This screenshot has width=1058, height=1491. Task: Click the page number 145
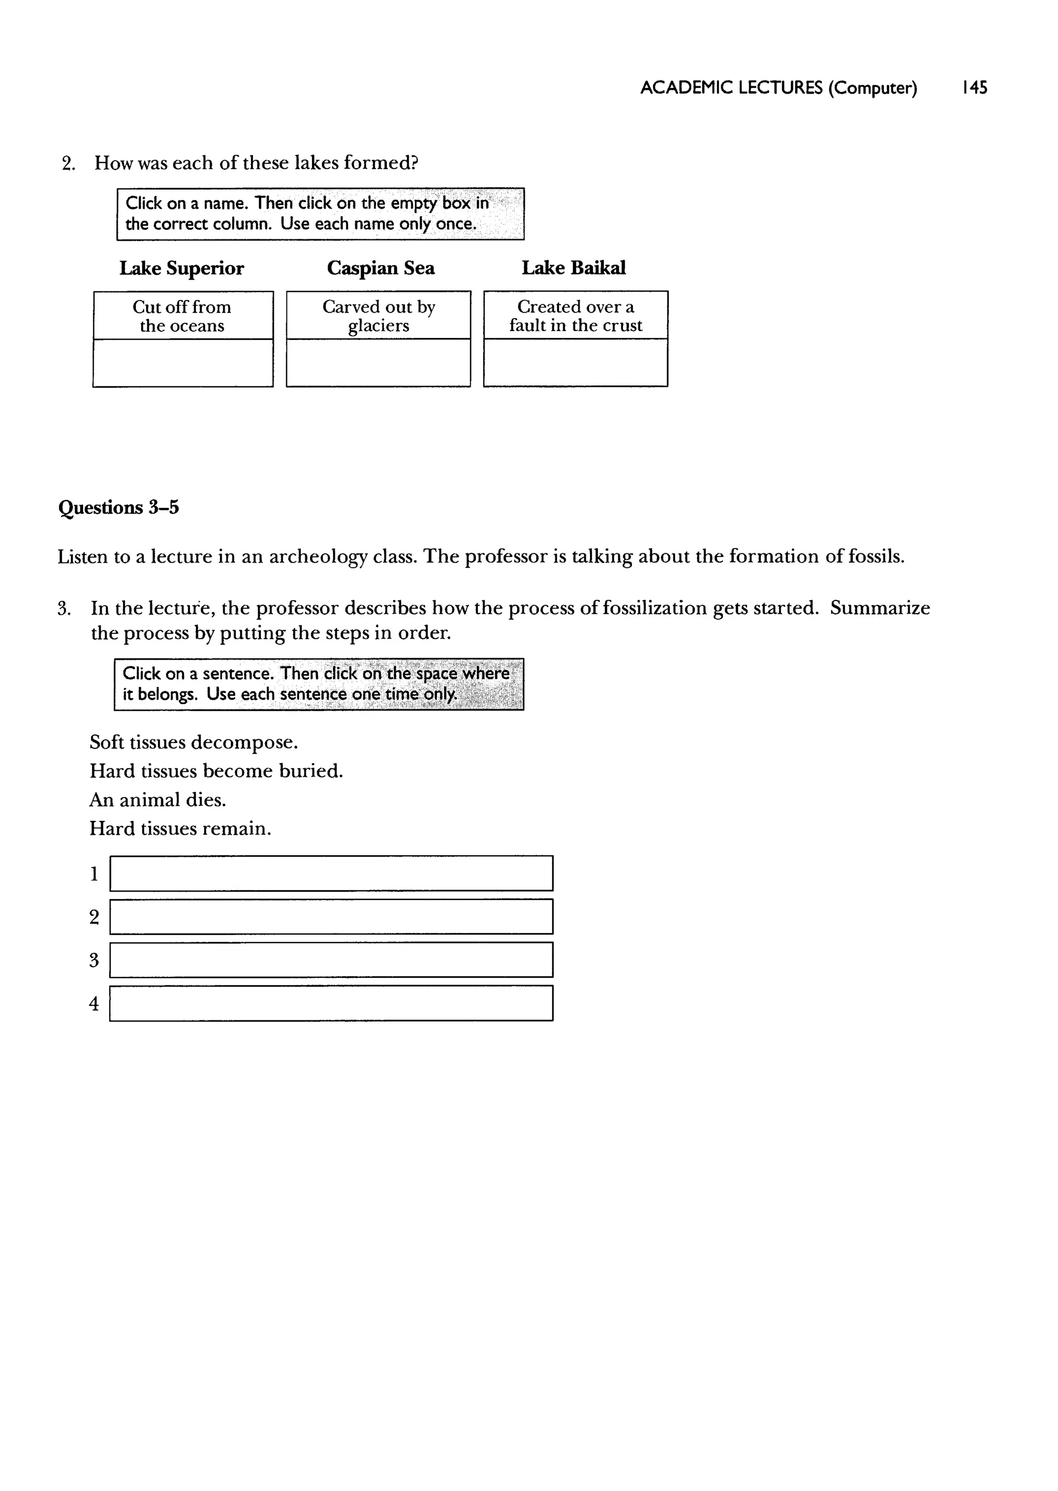[974, 87]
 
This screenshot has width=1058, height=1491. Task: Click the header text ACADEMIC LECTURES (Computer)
[778, 87]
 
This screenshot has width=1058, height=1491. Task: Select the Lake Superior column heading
[181, 268]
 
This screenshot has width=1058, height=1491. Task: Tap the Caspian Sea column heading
[380, 268]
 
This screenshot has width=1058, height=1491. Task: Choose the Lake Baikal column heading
[573, 268]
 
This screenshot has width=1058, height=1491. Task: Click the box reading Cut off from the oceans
[182, 316]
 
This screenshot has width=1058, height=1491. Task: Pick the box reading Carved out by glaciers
[379, 316]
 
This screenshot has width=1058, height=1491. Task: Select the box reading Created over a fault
[575, 316]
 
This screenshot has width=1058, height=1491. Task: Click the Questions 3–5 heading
[119, 507]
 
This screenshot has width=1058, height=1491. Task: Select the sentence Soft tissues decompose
[194, 742]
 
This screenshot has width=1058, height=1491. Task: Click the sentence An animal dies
[158, 800]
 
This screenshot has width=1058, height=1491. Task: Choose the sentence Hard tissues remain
[180, 829]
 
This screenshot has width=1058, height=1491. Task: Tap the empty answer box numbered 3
[331, 960]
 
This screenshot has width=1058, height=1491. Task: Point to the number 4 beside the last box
[94, 1004]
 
